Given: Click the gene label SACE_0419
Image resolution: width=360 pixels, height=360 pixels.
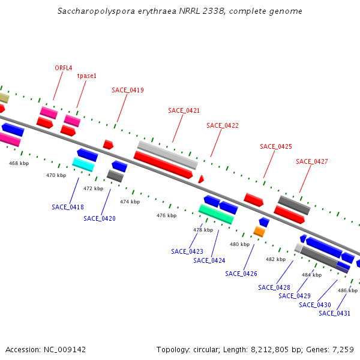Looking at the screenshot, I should tap(128, 90).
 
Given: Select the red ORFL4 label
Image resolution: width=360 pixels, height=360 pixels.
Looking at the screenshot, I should tap(64, 68).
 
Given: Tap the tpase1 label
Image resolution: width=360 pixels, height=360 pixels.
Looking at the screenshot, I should tap(86, 76).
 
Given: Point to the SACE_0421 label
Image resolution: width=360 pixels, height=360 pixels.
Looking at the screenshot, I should tap(184, 110).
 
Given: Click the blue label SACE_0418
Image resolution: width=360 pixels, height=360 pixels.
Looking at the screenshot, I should tap(68, 207).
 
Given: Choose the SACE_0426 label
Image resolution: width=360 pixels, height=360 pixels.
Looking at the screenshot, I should tap(241, 274).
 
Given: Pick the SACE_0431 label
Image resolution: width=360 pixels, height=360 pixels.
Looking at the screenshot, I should tap(334, 313).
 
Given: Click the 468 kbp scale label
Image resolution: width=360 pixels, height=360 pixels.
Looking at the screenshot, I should tap(19, 163).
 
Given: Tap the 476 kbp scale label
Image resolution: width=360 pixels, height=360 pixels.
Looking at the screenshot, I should tap(167, 215).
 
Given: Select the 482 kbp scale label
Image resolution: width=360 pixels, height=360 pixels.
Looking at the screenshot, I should tap(275, 259).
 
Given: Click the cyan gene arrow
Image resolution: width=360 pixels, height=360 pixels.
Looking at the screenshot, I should tap(83, 164).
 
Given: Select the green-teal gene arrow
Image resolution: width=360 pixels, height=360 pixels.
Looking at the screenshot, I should tap(216, 214).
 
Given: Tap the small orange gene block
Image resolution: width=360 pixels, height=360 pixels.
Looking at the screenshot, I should tap(259, 232).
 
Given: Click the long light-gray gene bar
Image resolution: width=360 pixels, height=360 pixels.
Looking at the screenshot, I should tap(167, 155).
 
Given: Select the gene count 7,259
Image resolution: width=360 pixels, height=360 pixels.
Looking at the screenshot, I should tap(346, 349).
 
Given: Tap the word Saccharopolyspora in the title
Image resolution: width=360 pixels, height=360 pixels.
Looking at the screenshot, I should tap(91, 11).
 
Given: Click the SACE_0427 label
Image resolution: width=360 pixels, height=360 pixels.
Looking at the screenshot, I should tap(312, 161).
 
